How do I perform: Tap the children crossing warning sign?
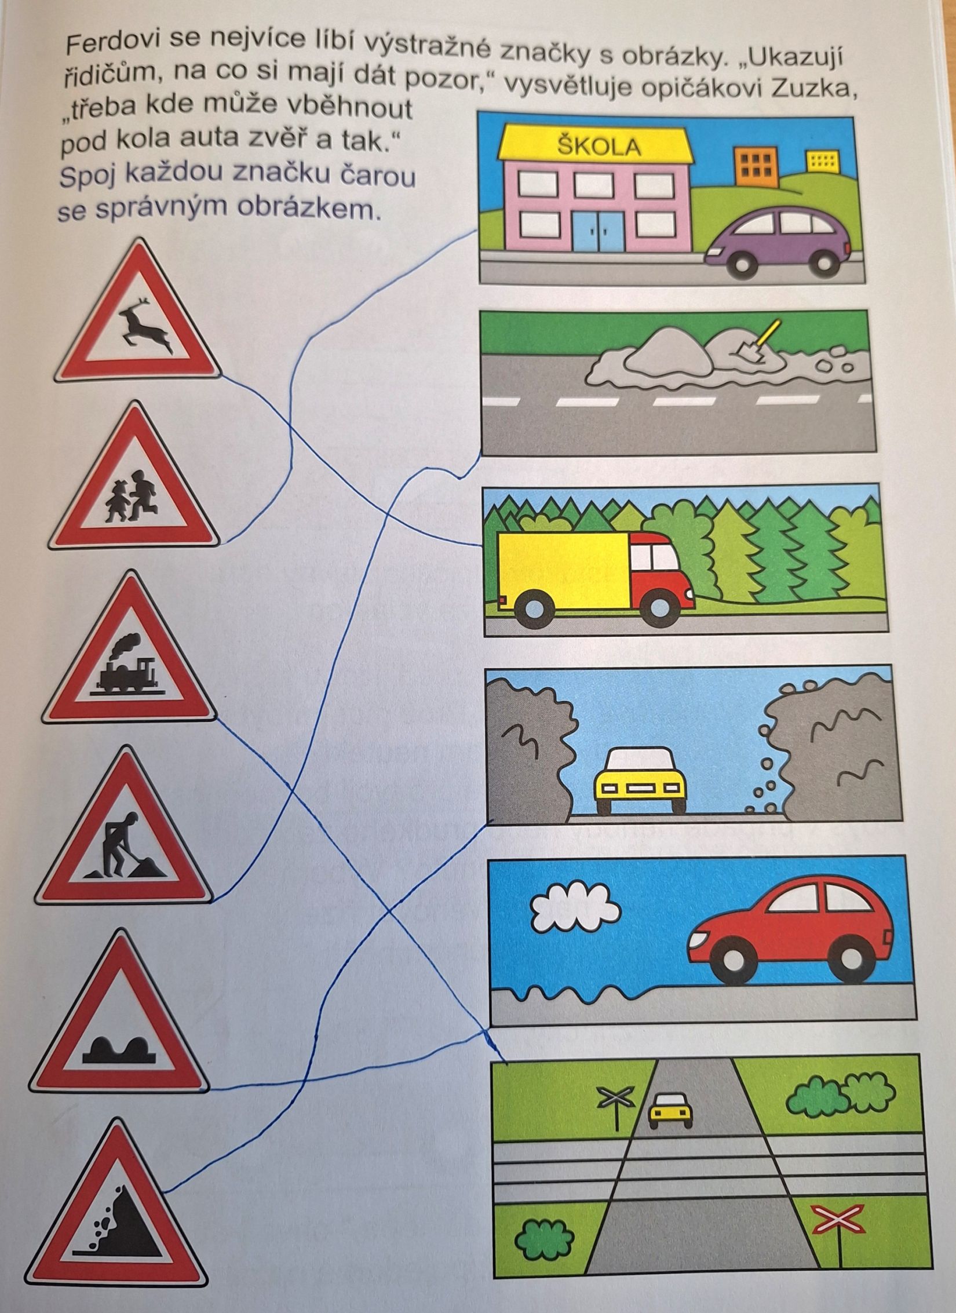coord(134,480)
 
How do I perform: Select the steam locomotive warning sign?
coord(129,651)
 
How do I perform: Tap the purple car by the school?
coord(778,241)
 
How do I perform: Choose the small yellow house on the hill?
coord(822,161)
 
